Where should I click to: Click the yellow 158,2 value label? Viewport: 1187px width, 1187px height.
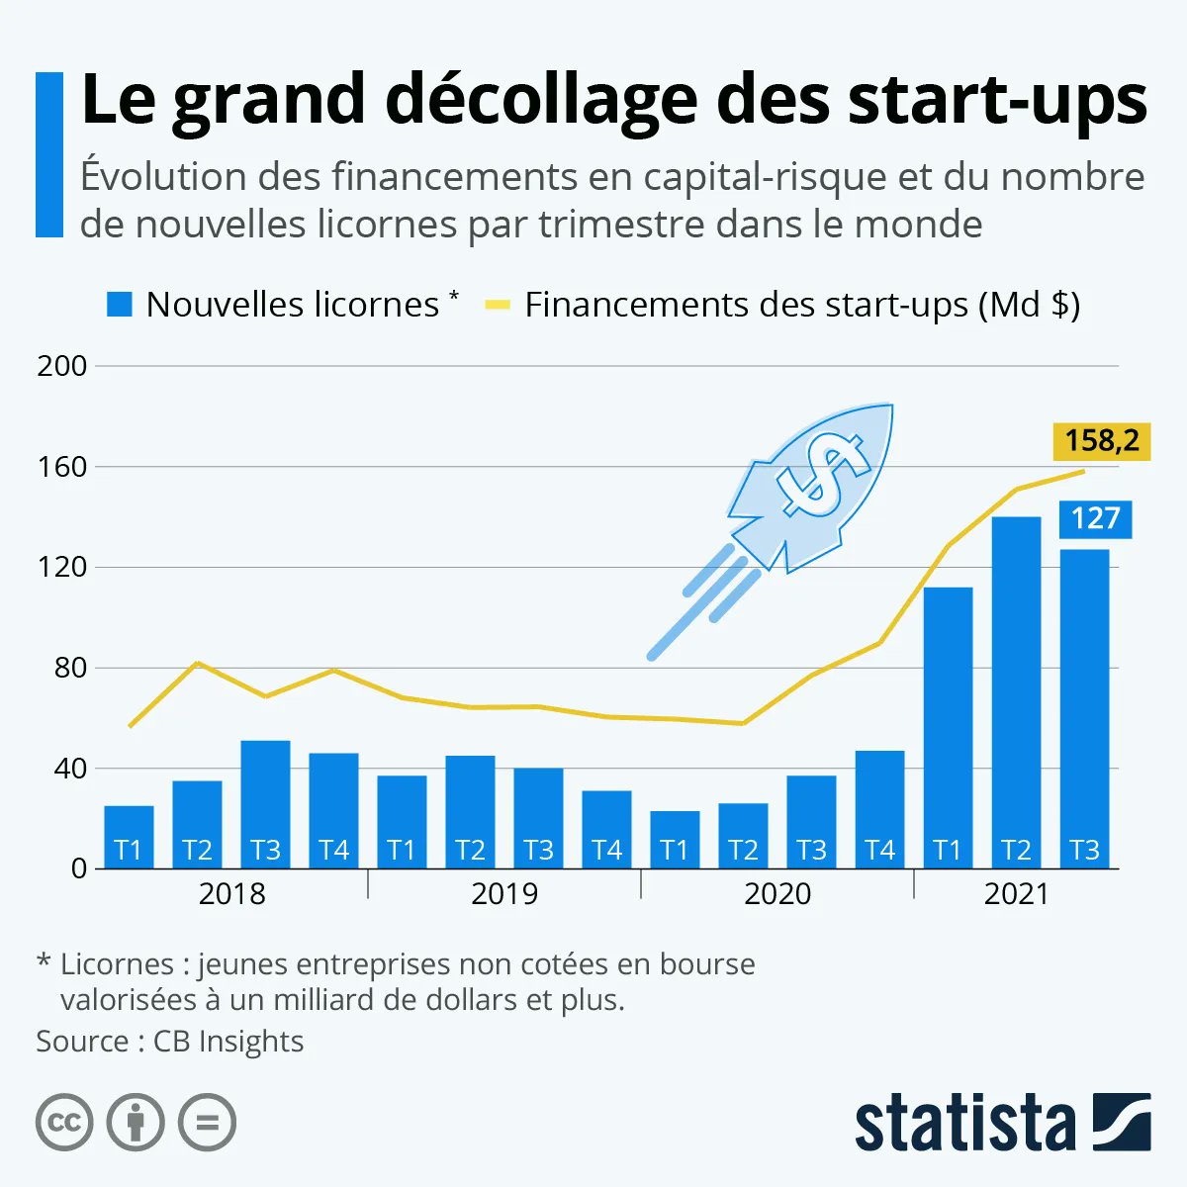click(x=1102, y=440)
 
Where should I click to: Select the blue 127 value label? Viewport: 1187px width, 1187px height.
click(x=1095, y=519)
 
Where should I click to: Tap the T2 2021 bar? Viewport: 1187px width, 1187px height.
click(x=1016, y=692)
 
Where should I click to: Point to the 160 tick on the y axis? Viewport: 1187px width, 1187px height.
click(x=62, y=467)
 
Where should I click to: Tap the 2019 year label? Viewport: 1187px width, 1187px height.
click(x=504, y=894)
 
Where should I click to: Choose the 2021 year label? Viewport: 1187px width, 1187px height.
click(x=1016, y=894)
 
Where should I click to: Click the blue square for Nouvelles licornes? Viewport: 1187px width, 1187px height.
click(x=119, y=305)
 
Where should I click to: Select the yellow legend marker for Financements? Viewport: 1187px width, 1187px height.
click(x=497, y=305)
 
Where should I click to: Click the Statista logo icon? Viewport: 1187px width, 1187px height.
click(x=1122, y=1122)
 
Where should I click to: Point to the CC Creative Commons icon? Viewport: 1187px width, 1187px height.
click(x=64, y=1123)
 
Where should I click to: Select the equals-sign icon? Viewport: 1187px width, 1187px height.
click(x=207, y=1123)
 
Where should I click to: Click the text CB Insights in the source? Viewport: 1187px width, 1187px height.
click(x=228, y=1042)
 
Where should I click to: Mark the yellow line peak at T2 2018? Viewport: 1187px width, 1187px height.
click(x=198, y=663)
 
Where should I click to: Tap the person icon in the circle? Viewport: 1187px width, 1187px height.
click(x=136, y=1123)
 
